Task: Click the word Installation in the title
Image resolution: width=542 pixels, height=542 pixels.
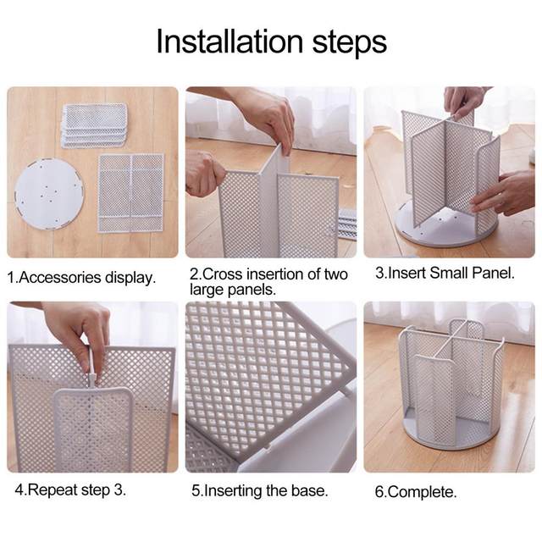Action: pyautogui.click(x=230, y=41)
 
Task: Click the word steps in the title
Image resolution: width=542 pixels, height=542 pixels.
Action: pyautogui.click(x=349, y=43)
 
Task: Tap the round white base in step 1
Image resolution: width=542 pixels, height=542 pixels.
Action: pyautogui.click(x=49, y=193)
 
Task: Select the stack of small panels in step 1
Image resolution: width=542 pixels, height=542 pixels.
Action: pyautogui.click(x=94, y=125)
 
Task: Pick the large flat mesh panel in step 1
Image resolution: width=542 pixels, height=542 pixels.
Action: pyautogui.click(x=131, y=192)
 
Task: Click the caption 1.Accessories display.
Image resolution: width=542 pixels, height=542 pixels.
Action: pyautogui.click(x=81, y=278)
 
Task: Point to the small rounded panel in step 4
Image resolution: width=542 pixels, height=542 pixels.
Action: pyautogui.click(x=92, y=429)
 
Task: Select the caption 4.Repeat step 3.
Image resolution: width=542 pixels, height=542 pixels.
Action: pyautogui.click(x=70, y=489)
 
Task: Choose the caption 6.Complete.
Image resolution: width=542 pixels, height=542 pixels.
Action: pyautogui.click(x=416, y=491)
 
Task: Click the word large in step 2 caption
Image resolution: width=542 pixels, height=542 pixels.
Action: pyautogui.click(x=207, y=290)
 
